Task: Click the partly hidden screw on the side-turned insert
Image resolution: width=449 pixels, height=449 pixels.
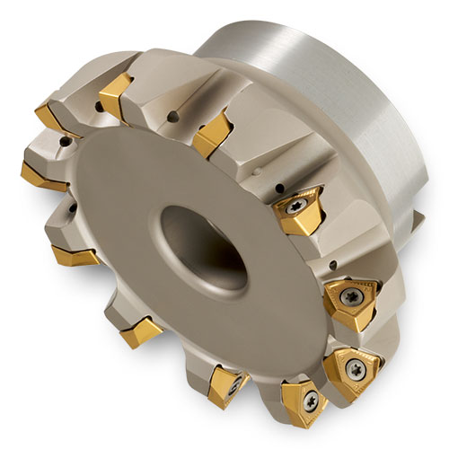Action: click(235, 384)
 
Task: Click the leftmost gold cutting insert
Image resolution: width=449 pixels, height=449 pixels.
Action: click(41, 171)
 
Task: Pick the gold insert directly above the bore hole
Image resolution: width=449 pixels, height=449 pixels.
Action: click(211, 135)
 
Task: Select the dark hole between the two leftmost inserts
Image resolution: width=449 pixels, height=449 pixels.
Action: click(65, 141)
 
